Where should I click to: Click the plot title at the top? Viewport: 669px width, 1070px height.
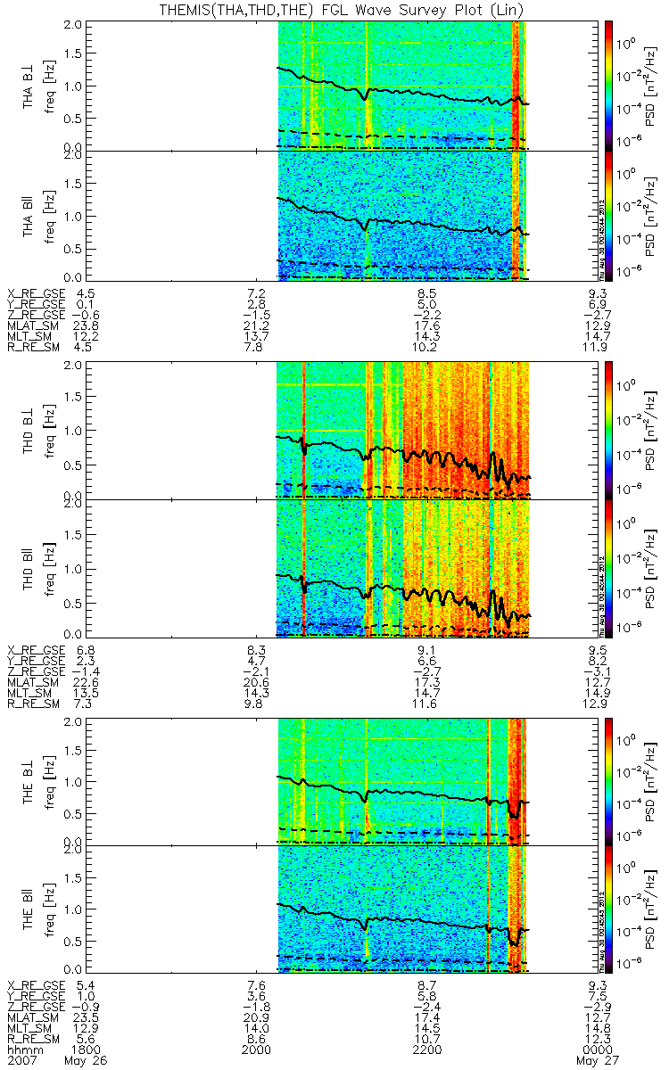(334, 9)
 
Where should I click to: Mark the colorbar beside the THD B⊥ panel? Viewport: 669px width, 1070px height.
(609, 429)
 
